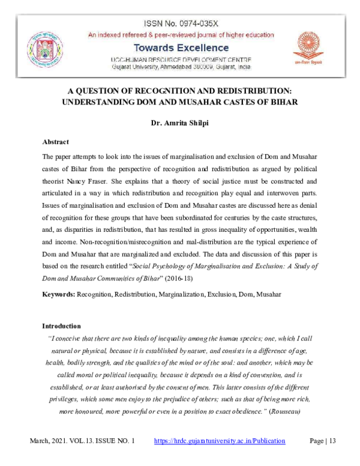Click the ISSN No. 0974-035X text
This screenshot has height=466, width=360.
(181, 23)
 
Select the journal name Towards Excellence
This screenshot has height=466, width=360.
(181, 48)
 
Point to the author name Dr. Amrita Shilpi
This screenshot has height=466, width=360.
(180, 125)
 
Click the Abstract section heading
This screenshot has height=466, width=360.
(56, 142)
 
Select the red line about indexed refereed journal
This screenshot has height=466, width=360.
(181, 35)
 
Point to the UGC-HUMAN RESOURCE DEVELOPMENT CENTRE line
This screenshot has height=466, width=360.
(181, 59)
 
